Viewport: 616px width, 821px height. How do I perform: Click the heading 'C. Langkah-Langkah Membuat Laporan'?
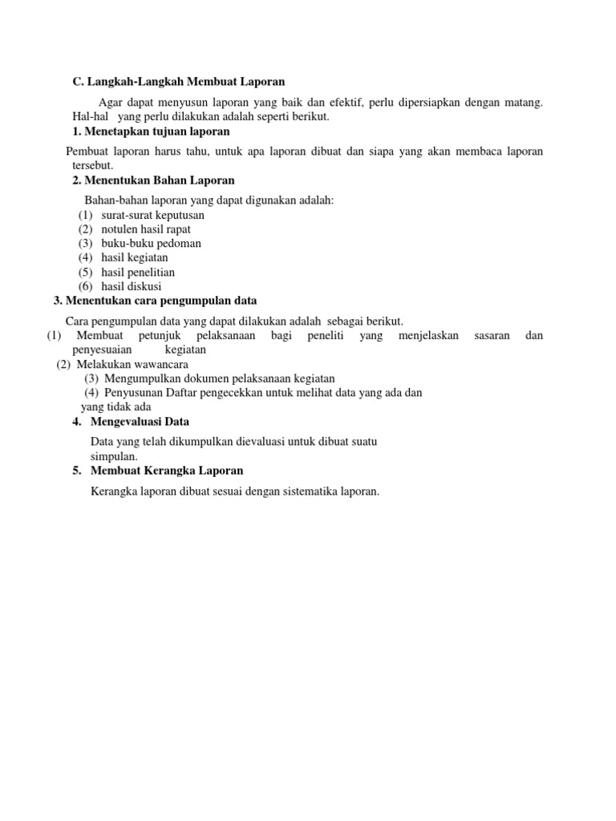point(178,82)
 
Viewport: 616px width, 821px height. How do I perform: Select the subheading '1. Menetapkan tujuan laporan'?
point(151,131)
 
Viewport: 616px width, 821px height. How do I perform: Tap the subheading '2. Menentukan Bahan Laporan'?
point(153,180)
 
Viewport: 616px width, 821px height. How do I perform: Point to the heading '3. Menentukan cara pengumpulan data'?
point(155,301)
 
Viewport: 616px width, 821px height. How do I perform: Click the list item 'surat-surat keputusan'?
point(152,215)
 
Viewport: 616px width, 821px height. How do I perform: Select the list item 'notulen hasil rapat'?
point(146,229)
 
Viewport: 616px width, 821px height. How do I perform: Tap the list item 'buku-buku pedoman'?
point(151,243)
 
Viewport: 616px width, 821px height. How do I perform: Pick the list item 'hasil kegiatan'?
point(135,257)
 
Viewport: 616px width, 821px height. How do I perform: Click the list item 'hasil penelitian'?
point(138,272)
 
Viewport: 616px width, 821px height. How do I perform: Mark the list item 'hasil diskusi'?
point(132,286)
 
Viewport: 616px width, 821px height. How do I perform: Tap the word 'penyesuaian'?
point(102,350)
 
